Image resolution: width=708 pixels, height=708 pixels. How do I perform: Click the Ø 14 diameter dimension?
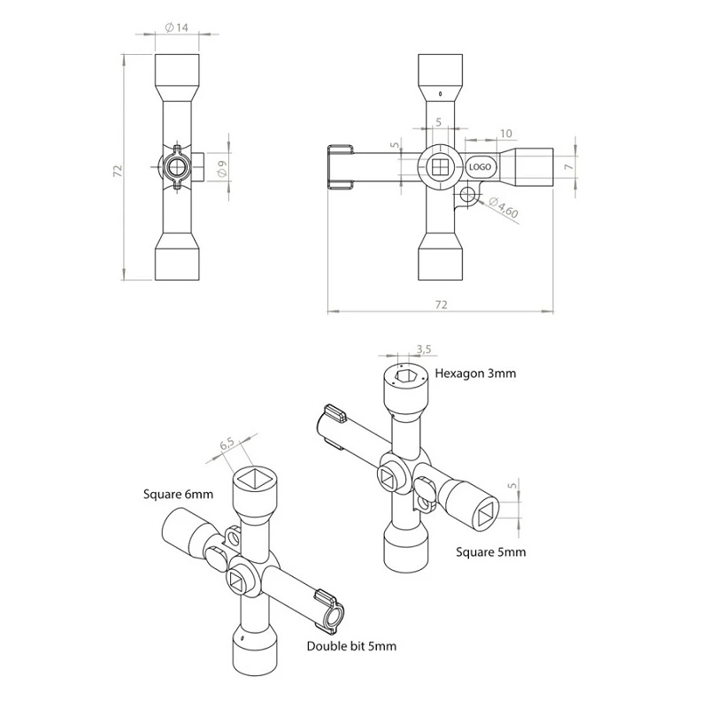(x=176, y=27)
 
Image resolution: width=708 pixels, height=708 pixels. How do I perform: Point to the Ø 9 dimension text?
(x=221, y=167)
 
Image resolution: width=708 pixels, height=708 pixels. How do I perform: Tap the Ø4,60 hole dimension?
(x=504, y=207)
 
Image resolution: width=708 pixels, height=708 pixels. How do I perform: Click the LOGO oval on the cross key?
(x=480, y=167)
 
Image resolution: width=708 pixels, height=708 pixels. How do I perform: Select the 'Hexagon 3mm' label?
(x=475, y=373)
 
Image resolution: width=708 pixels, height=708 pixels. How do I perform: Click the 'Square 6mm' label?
(x=178, y=495)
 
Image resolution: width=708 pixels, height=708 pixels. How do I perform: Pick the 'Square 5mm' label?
(x=491, y=552)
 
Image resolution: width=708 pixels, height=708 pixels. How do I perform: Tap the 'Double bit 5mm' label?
(x=351, y=646)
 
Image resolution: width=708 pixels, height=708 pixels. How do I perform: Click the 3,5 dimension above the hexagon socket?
(x=424, y=349)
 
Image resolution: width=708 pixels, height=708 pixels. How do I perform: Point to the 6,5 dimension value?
(x=227, y=444)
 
